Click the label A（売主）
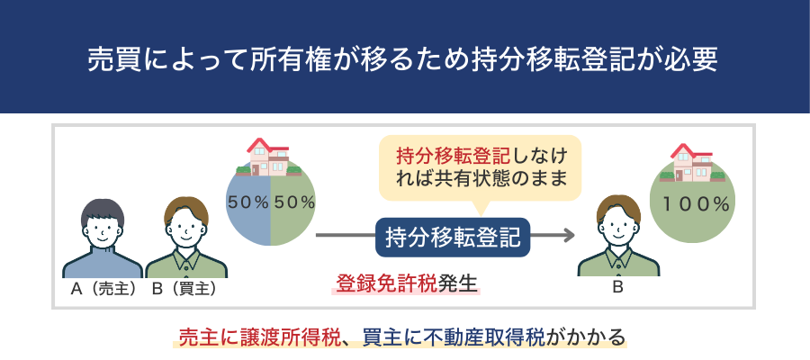pyautogui.click(x=103, y=290)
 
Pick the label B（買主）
pyautogui.click(x=184, y=290)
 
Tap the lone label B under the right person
pyautogui.click(x=618, y=289)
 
